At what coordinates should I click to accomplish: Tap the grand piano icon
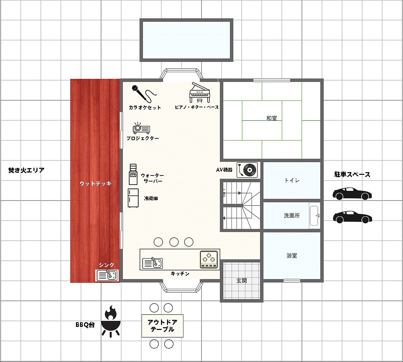[x=199, y=93]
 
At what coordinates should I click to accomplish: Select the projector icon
[x=141, y=128]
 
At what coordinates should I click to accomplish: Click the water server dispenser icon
[x=133, y=174]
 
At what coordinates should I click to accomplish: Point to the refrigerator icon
[x=133, y=198]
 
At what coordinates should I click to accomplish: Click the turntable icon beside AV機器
[x=247, y=170]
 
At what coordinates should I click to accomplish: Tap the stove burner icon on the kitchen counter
[x=209, y=259]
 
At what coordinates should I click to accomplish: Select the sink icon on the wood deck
[x=107, y=275]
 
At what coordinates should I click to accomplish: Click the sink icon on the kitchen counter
[x=152, y=263]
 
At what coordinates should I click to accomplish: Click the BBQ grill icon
[x=111, y=321]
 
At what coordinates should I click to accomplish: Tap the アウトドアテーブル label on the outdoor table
[x=162, y=326]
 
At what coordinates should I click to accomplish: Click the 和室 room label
[x=271, y=118]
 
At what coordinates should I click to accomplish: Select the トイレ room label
[x=292, y=180]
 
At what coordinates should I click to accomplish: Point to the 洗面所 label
[x=292, y=216]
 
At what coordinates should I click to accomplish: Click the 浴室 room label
[x=292, y=255]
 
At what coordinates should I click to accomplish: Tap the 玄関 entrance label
[x=241, y=281]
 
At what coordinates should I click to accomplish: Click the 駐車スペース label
[x=352, y=174]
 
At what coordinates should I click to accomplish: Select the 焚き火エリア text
[x=26, y=170]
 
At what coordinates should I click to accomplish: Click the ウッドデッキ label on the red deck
[x=95, y=183]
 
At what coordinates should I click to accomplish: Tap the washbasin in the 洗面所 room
[x=314, y=216]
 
